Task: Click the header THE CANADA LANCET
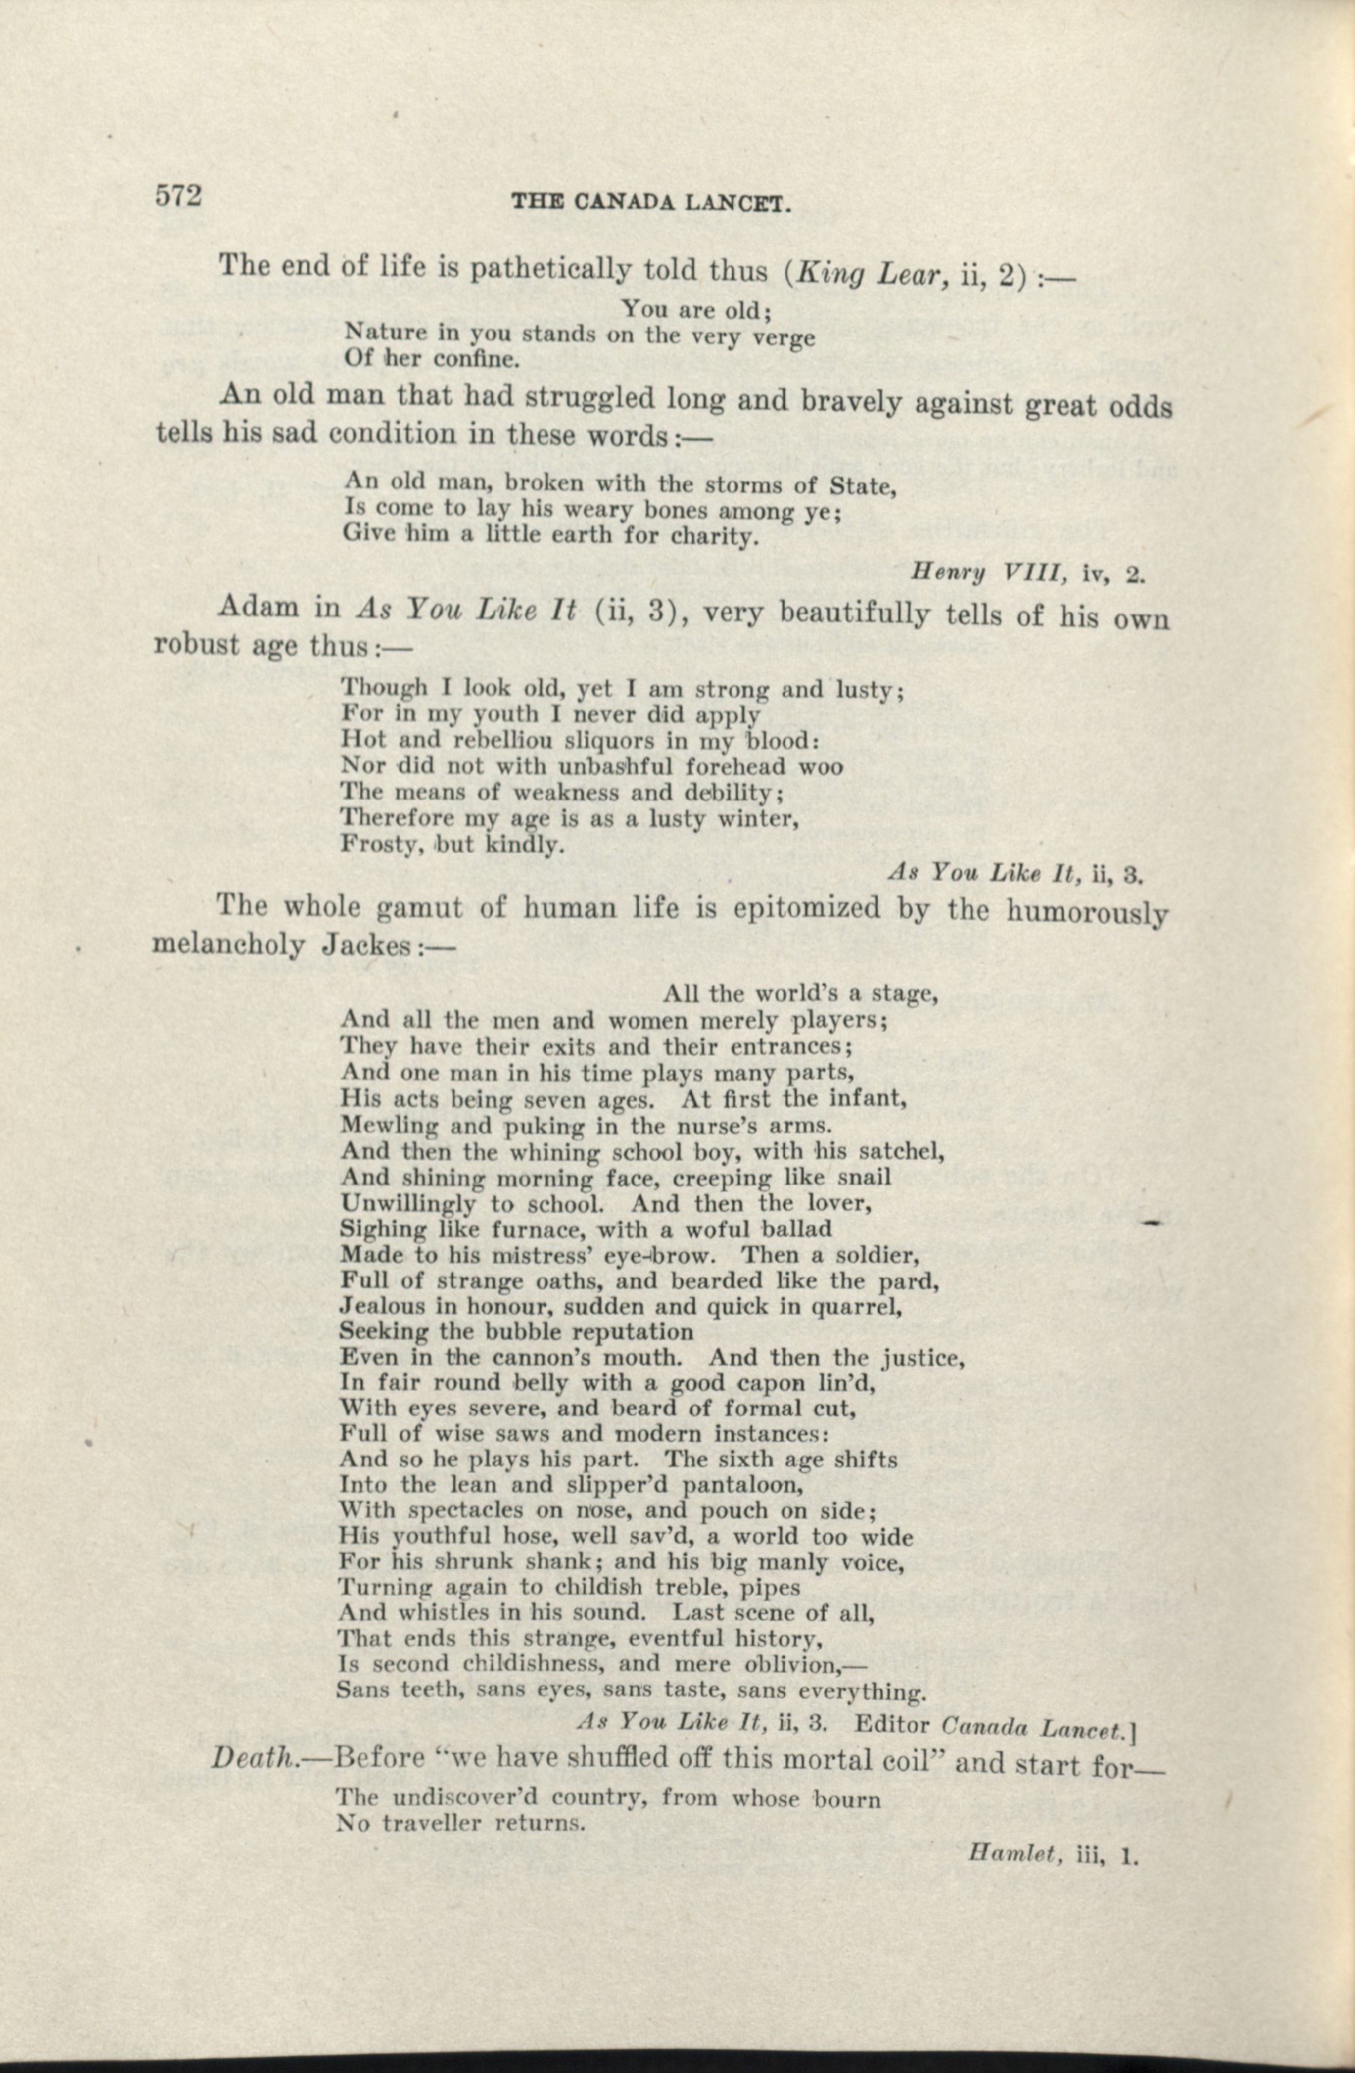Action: pyautogui.click(x=651, y=204)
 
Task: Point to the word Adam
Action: pyautogui.click(x=260, y=607)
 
